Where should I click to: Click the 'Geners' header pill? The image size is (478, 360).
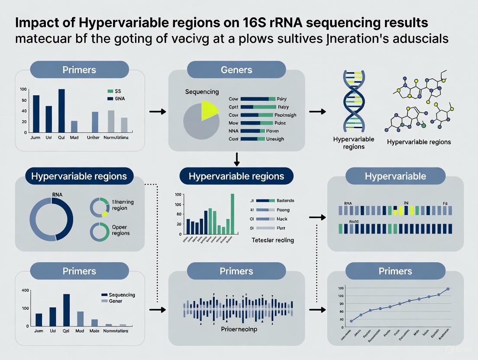pos(236,70)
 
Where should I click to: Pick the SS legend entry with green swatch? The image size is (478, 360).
pos(115,91)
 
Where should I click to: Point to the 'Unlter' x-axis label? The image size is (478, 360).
pos(93,137)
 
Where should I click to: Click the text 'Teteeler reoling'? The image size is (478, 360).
pos(273,240)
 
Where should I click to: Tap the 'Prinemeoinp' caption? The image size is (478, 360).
pos(236,329)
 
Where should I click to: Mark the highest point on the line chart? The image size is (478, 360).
pos(448,289)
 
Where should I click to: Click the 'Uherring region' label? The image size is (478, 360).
pos(123,205)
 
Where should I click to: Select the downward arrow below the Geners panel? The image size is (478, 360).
pos(236,160)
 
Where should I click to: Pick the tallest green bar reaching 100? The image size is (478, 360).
pos(233,214)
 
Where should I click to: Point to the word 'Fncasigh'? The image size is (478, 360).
pos(285,115)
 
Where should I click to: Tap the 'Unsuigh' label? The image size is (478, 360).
pos(285,139)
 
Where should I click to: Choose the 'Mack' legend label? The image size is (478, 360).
pos(282,219)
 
